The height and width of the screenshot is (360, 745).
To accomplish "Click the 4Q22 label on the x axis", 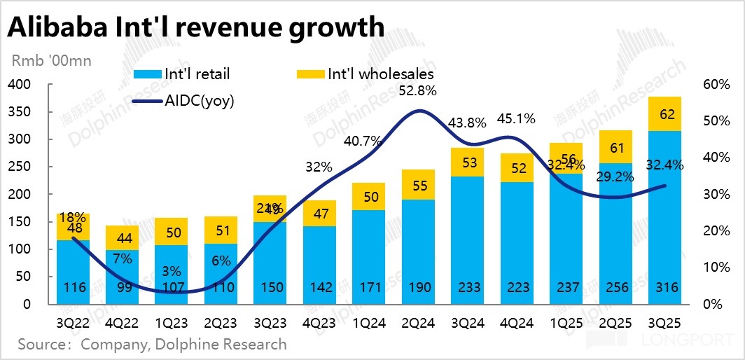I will (x=123, y=324).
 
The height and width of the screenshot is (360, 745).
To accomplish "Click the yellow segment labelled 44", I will (x=123, y=237).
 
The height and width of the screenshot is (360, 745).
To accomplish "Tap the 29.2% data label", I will (x=615, y=177).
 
